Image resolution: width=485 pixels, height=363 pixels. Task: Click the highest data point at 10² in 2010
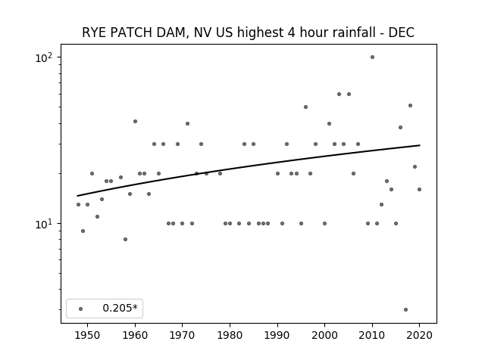click(372, 57)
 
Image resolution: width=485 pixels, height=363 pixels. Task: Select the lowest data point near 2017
click(406, 309)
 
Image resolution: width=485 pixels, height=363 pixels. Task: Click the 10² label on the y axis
click(44, 57)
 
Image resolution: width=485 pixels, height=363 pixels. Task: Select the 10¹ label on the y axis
click(44, 224)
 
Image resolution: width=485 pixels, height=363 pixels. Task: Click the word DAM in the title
click(173, 33)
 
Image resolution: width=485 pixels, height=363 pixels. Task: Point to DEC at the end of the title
click(402, 33)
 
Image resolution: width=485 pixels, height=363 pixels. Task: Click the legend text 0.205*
click(120, 308)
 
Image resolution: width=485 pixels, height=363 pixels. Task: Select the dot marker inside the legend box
click(81, 309)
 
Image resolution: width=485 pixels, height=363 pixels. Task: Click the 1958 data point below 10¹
click(125, 239)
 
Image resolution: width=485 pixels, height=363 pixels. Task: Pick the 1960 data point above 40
click(135, 121)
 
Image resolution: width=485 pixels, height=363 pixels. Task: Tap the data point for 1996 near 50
click(305, 107)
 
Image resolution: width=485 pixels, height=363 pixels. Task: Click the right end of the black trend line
click(420, 145)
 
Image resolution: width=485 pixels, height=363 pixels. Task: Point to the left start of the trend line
click(77, 196)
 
